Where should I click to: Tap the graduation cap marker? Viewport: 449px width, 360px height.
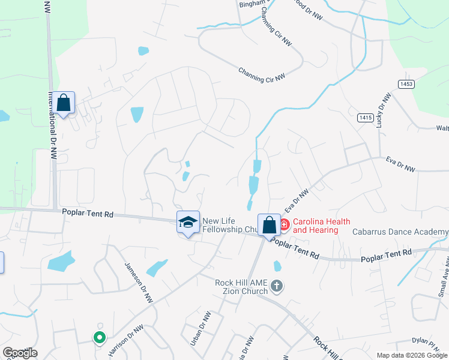pyautogui.click(x=188, y=222)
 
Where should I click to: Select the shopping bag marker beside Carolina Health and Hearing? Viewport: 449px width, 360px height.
pyautogui.click(x=270, y=225)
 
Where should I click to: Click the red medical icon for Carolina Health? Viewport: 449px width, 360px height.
pyautogui.click(x=285, y=225)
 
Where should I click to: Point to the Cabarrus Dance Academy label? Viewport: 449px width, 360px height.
pyautogui.click(x=400, y=232)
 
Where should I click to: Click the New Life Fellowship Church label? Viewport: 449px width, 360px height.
pyautogui.click(x=230, y=225)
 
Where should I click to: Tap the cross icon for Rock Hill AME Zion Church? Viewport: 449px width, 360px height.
pyautogui.click(x=276, y=286)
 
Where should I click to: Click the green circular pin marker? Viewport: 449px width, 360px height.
pyautogui.click(x=100, y=338)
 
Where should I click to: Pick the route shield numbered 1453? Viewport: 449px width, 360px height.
pyautogui.click(x=406, y=84)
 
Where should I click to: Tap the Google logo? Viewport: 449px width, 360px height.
pyautogui.click(x=20, y=353)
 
